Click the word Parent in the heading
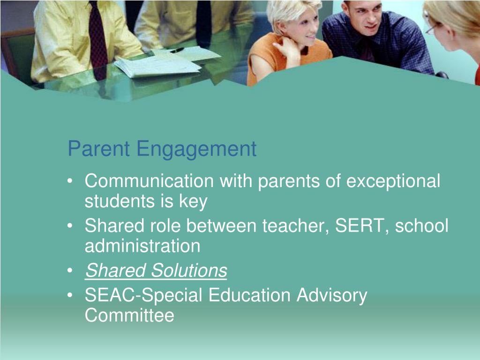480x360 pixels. point(98,149)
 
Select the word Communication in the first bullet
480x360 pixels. point(149,180)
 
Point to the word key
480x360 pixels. point(193,202)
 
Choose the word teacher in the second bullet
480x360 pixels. point(295,226)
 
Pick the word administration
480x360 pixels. point(142,246)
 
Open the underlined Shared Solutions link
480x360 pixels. point(156,270)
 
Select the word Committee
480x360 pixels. point(129,315)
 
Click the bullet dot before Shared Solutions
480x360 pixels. point(70,270)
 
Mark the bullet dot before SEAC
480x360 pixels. point(70,295)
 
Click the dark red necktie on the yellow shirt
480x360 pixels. point(98,40)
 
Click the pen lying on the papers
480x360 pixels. point(177,50)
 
